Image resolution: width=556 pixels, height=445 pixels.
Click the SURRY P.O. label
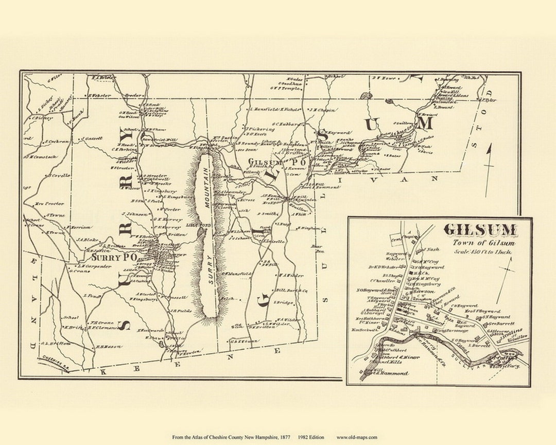114,256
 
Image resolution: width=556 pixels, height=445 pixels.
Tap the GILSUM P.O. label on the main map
278,162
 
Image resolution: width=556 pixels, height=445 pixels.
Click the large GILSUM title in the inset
480,230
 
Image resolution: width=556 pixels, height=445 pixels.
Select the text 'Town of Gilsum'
483,243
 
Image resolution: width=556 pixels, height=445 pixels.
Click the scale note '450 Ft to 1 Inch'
483,251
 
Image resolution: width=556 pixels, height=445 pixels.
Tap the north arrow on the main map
488,170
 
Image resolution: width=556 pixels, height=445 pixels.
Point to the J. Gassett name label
93,138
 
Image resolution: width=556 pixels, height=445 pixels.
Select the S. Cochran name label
57,141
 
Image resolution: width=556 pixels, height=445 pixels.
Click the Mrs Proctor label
49,203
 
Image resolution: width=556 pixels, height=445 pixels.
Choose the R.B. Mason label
109,347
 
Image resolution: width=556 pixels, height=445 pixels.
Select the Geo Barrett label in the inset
498,325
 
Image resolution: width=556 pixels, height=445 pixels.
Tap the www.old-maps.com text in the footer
357,437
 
